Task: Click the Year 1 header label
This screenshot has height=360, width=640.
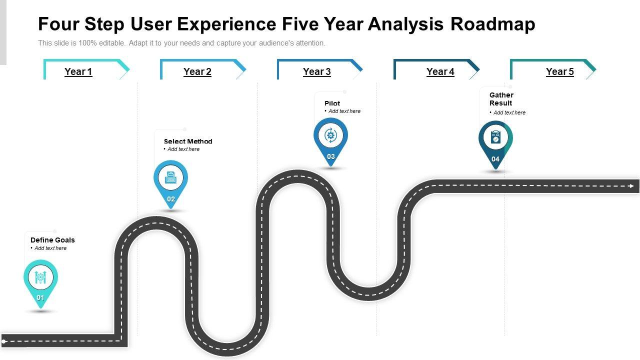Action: point(78,71)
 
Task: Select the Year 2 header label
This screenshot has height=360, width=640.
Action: point(197,71)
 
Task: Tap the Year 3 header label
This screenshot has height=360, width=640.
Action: point(317,71)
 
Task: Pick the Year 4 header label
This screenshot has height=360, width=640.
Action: point(440,71)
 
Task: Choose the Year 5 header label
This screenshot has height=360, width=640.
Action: point(560,71)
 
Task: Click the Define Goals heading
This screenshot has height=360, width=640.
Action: point(52,240)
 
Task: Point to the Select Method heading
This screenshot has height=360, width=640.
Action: point(188,141)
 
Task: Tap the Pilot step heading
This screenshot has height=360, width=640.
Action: point(332,103)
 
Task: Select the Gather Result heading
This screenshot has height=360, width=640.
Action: point(501,99)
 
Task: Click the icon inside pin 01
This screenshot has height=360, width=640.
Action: point(40,276)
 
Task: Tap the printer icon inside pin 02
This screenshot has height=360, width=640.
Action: point(171,177)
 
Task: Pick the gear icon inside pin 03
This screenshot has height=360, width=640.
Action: point(330,135)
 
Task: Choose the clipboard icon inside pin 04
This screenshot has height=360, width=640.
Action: point(495,137)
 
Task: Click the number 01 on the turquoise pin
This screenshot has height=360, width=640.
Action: point(40,298)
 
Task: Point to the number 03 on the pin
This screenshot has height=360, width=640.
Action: point(331,156)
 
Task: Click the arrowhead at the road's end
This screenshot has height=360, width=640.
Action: point(631,186)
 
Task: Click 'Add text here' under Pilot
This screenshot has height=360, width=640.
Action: point(344,111)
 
